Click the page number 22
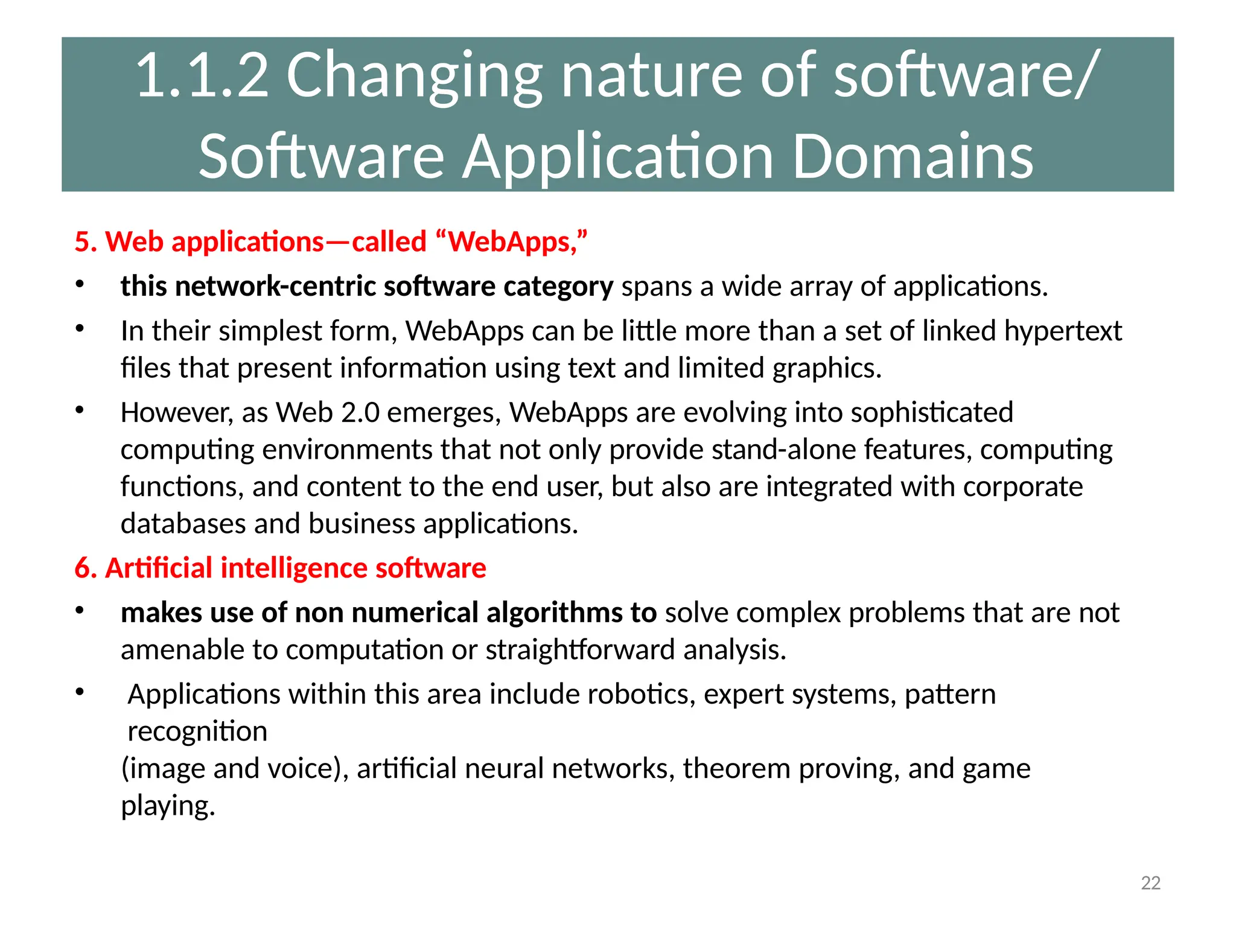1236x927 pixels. click(x=1150, y=883)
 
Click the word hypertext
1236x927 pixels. click(x=1063, y=331)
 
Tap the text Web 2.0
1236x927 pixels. click(x=328, y=413)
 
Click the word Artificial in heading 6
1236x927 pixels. click(x=159, y=569)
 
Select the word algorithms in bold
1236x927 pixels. click(x=555, y=613)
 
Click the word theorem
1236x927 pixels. click(x=736, y=769)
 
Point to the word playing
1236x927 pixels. click(x=168, y=806)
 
